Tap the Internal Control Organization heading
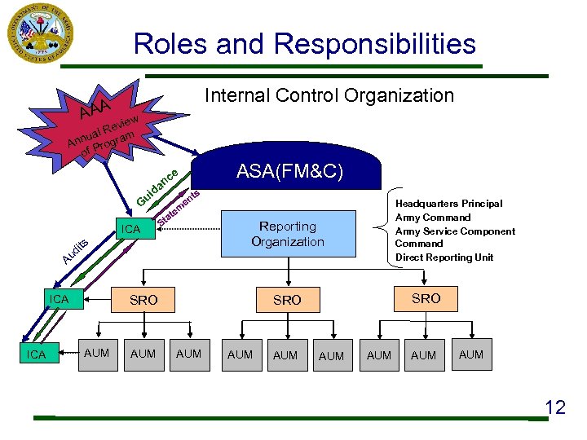pos(329,96)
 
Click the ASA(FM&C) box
pos(289,172)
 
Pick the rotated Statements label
pos(179,207)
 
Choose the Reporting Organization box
pos(288,234)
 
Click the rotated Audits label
pos(75,253)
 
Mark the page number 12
pos(554,407)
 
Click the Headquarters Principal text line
pos(448,204)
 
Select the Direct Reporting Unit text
pos(444,257)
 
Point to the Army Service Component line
pos(455,231)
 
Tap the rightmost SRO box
pos(426,299)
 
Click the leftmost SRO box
pos(143,301)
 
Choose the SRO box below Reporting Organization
pos(287,301)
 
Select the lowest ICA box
pos(37,354)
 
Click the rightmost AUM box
pos(471,354)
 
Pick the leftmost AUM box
pos(97,354)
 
